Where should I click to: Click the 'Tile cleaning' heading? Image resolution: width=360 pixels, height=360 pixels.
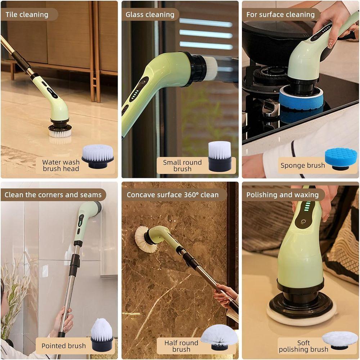[27, 15]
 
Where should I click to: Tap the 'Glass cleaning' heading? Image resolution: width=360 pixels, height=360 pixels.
[150, 15]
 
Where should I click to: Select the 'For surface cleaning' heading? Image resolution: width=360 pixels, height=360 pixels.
[280, 15]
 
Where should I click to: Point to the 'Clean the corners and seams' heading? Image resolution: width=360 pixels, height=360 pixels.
[53, 195]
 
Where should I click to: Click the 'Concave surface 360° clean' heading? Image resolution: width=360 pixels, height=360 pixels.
[173, 195]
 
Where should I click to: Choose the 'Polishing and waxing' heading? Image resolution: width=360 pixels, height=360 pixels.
[283, 195]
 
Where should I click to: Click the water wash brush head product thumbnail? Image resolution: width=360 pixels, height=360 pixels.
[98, 156]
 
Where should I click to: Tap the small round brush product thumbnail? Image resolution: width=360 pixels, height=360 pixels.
[220, 156]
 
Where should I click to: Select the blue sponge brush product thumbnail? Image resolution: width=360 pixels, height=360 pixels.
[341, 159]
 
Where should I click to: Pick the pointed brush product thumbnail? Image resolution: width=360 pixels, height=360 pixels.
[102, 335]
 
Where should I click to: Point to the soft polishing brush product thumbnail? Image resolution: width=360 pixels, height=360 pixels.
[340, 340]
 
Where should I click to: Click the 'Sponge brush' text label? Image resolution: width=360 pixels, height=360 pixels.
[303, 166]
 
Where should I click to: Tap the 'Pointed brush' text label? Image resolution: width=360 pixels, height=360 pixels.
[64, 346]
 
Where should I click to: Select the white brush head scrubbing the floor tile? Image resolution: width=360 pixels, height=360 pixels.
[60, 133]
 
